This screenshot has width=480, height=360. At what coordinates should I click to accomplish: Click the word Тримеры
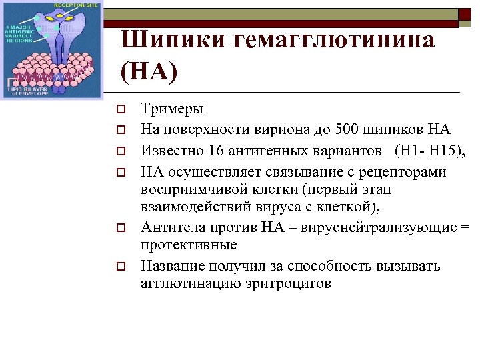(173, 109)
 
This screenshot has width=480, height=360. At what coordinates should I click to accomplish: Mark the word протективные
(189, 244)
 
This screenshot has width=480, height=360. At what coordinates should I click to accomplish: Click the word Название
(174, 266)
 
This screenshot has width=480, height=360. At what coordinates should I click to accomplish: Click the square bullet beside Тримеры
(121, 109)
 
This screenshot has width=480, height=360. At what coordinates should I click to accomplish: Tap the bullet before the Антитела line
(121, 228)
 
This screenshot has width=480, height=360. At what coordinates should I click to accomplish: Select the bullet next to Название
(121, 267)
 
